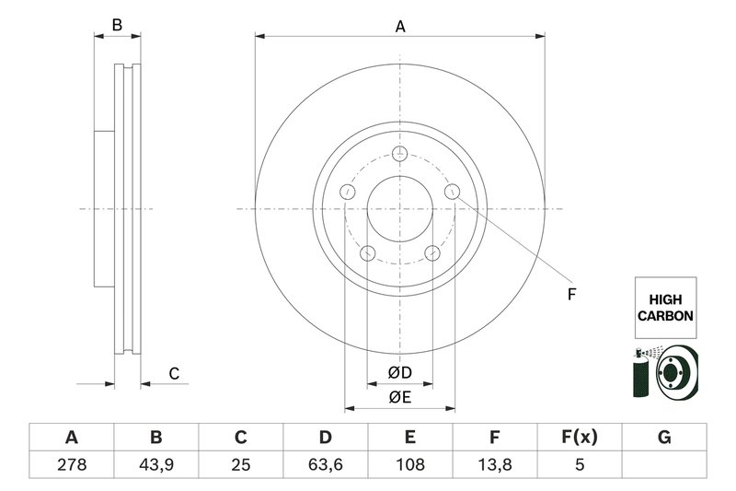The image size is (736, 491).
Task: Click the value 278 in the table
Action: (x=71, y=465)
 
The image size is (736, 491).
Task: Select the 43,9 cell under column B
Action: (x=155, y=465)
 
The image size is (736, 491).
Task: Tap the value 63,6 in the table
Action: (x=326, y=465)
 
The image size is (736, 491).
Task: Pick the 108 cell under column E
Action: (x=410, y=465)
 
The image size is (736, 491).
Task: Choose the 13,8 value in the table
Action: (x=495, y=465)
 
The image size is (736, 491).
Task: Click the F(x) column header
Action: (x=580, y=437)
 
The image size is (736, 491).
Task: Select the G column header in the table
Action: (x=664, y=437)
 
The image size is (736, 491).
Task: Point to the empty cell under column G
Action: (x=664, y=465)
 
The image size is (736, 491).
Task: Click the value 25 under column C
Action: (x=241, y=465)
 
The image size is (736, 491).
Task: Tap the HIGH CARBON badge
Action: (x=664, y=308)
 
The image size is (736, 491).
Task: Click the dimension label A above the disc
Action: (x=400, y=27)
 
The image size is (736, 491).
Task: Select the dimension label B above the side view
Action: (x=117, y=26)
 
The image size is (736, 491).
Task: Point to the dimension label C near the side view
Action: (x=173, y=373)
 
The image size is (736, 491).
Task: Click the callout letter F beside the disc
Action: (x=570, y=295)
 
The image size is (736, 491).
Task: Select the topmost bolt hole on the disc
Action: (x=399, y=154)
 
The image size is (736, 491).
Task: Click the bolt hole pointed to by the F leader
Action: (x=452, y=191)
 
